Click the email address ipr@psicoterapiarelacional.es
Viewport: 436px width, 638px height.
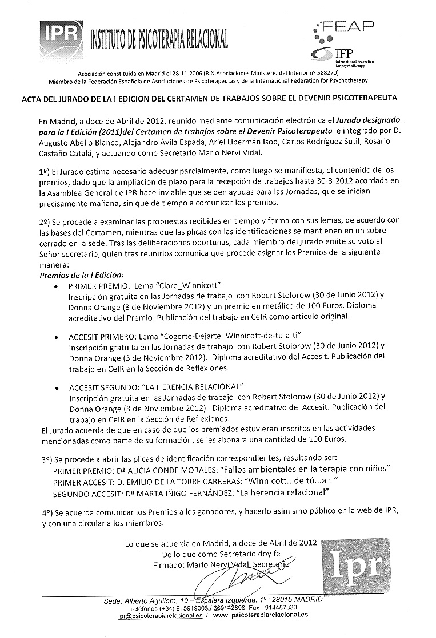coord(168,615)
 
